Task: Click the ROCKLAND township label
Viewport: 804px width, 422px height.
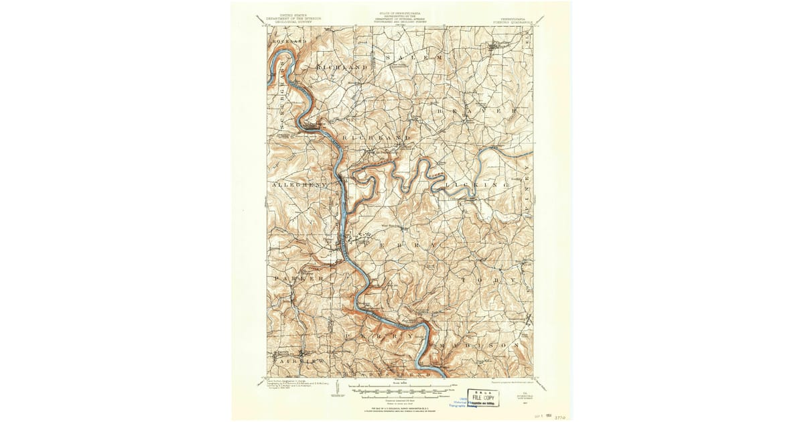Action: click(289, 42)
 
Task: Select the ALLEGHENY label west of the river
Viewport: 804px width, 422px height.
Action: click(299, 184)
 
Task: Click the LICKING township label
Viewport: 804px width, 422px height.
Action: click(478, 183)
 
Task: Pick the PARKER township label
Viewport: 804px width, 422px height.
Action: click(299, 277)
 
